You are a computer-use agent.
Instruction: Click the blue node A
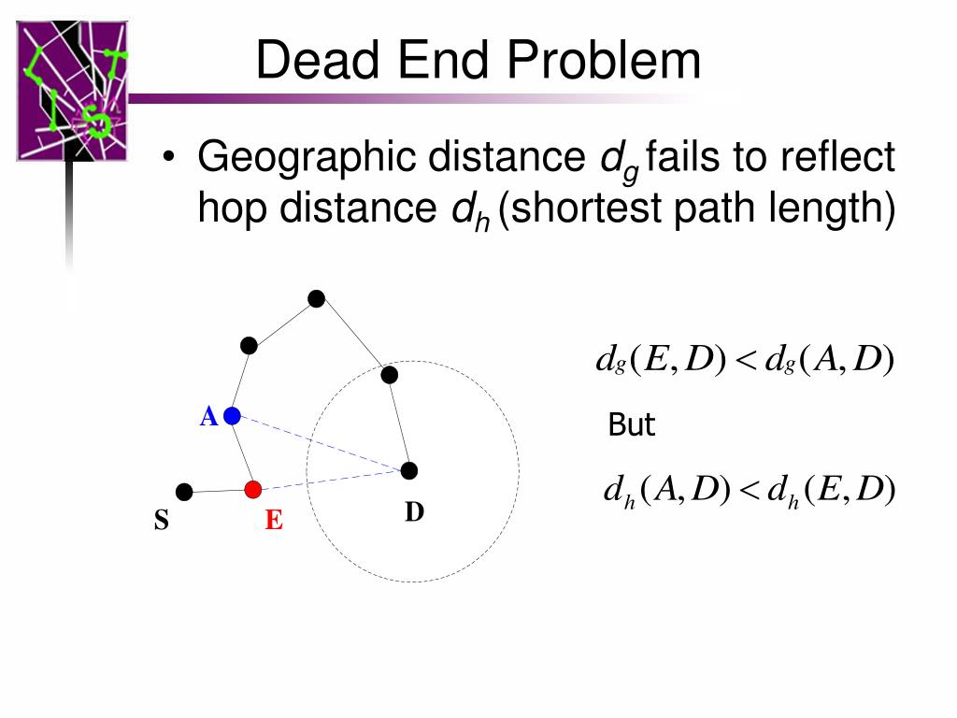tap(233, 415)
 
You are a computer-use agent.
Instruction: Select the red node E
tap(252, 489)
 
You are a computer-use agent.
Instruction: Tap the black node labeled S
tap(185, 492)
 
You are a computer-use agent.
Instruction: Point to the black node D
tap(409, 470)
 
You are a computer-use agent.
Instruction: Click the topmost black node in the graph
tap(317, 299)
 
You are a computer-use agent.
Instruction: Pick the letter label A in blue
tap(208, 417)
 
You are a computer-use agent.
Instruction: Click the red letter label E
tap(273, 521)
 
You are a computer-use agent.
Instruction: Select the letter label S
tap(162, 521)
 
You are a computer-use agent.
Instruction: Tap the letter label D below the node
tap(414, 512)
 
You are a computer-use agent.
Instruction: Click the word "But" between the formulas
tap(631, 425)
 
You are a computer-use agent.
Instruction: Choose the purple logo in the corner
tap(72, 91)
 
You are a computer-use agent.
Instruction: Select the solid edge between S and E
tap(219, 491)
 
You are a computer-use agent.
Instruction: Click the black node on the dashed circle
tap(390, 375)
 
